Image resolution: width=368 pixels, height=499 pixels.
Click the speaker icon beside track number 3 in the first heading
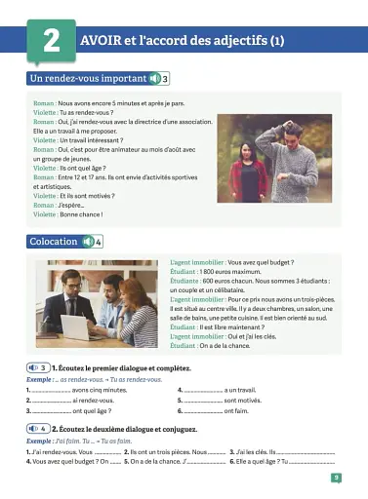pyautogui.click(x=155, y=78)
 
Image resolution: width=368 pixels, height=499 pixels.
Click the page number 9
pyautogui.click(x=336, y=478)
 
